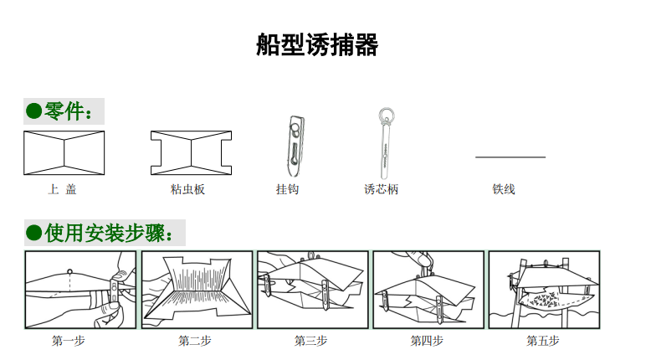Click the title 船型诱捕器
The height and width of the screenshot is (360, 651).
(317, 45)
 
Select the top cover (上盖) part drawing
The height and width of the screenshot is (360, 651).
(64, 153)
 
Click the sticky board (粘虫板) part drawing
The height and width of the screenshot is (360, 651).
(191, 153)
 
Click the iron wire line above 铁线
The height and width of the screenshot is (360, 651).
(510, 157)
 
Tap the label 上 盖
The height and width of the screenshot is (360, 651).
(62, 189)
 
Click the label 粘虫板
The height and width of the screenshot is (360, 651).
(187, 189)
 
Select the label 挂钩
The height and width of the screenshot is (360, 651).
(287, 189)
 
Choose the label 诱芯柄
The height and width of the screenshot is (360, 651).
(381, 189)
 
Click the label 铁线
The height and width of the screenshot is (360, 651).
(504, 189)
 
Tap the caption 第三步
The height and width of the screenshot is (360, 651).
(310, 341)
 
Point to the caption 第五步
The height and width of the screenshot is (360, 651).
(543, 341)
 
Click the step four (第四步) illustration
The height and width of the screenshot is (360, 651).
(427, 289)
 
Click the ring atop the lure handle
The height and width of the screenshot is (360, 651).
(385, 115)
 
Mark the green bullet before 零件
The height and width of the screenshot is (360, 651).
(33, 111)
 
